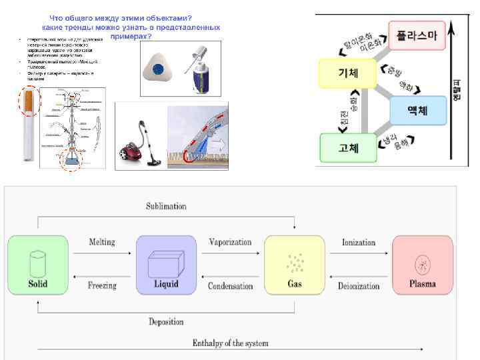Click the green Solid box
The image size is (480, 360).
[37, 265]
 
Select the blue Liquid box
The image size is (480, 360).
[166, 265]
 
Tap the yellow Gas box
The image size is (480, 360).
[294, 265]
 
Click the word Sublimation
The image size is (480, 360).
[166, 207]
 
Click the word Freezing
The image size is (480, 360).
[102, 285]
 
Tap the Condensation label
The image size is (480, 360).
[230, 286]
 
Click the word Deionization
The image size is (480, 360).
[359, 286]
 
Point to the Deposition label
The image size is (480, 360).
[166, 322]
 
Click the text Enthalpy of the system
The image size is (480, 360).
[230, 343]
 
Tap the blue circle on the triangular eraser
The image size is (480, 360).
[158, 69]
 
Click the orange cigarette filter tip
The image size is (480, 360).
[30, 101]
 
